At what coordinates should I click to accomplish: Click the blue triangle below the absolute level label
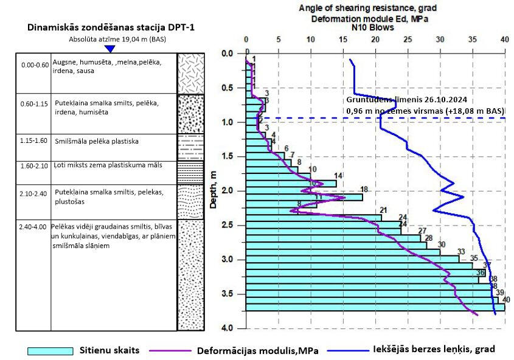click(x=110, y=49)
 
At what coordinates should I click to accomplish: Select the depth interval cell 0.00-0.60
click(x=34, y=64)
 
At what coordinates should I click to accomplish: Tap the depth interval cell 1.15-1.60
click(x=34, y=141)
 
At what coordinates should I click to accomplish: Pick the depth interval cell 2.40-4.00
click(x=34, y=226)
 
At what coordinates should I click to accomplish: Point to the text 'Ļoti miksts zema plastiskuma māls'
click(x=108, y=165)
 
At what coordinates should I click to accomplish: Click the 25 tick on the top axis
click(x=408, y=40)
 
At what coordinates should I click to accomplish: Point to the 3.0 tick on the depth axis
click(x=226, y=260)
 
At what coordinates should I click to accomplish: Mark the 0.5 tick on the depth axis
click(x=226, y=88)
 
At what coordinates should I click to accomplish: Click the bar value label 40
click(x=506, y=299)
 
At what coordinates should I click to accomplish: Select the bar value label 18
click(x=364, y=189)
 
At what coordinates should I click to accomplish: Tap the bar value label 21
click(x=383, y=210)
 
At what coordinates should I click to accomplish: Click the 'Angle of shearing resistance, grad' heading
click(x=368, y=8)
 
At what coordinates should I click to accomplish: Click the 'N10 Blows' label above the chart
click(x=368, y=27)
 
